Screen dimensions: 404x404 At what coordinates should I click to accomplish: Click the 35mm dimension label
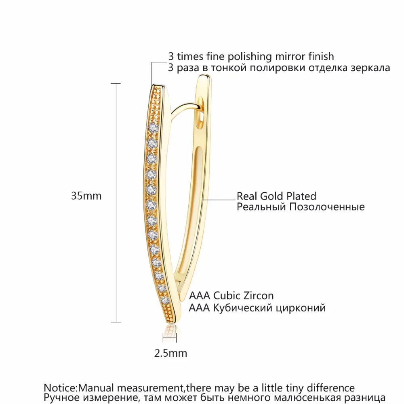(x=86, y=196)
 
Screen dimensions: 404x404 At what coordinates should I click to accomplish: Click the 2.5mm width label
(x=171, y=353)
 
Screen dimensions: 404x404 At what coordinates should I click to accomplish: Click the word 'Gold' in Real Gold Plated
(x=271, y=196)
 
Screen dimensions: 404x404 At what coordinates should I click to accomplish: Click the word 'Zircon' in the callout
(x=259, y=296)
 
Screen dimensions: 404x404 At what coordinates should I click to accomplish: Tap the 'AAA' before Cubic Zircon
(x=198, y=296)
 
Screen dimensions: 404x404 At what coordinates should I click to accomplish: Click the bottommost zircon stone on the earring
(x=164, y=301)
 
